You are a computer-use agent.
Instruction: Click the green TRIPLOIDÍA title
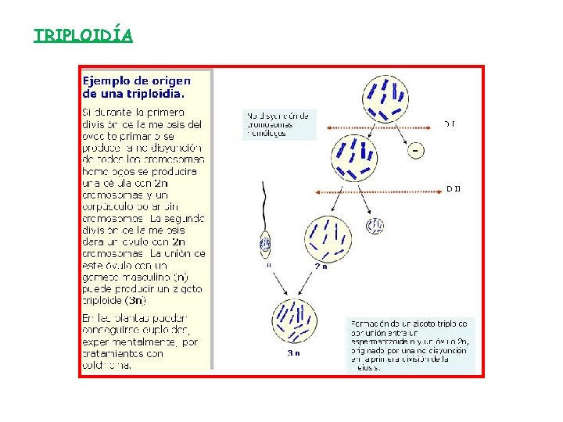click(x=83, y=36)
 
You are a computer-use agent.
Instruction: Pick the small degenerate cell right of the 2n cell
click(x=375, y=226)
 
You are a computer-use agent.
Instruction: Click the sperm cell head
click(x=265, y=245)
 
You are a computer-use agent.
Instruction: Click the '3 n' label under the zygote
click(x=294, y=352)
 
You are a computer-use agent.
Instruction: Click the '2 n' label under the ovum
click(x=321, y=266)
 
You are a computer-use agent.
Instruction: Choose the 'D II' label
click(x=453, y=188)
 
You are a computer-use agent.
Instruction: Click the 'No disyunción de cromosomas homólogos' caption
click(x=278, y=124)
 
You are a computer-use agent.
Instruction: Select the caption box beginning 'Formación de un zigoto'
click(x=411, y=344)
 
